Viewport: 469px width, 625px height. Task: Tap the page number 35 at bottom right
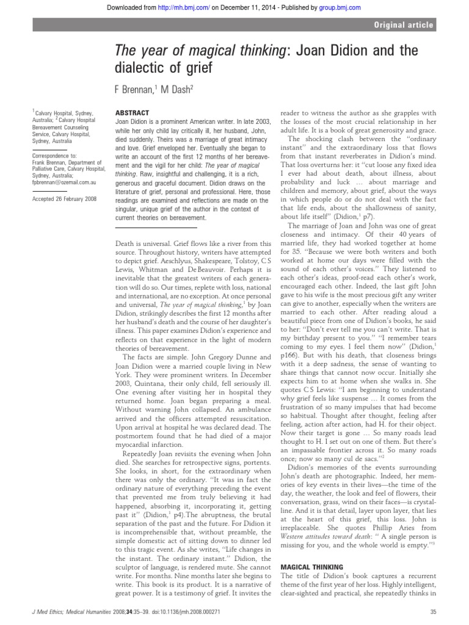point(433,612)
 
